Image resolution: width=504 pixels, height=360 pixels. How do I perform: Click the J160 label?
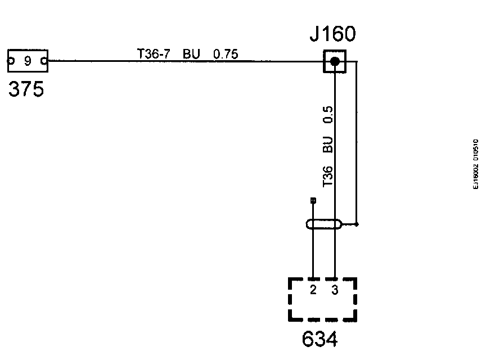[x=332, y=33]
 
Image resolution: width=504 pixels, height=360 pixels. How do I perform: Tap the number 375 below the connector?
[x=26, y=89]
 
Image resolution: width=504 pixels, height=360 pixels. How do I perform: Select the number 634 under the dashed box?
[x=320, y=339]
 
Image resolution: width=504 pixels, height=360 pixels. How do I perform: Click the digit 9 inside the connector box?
[x=28, y=61]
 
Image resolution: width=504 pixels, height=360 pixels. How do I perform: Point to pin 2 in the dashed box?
[x=313, y=290]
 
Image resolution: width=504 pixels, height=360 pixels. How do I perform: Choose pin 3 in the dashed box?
[x=335, y=290]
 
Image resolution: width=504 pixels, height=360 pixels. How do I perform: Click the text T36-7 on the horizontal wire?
[x=154, y=53]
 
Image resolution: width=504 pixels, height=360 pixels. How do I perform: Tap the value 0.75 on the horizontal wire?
[x=226, y=54]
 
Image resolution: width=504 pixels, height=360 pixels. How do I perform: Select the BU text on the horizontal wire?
[x=191, y=53]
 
